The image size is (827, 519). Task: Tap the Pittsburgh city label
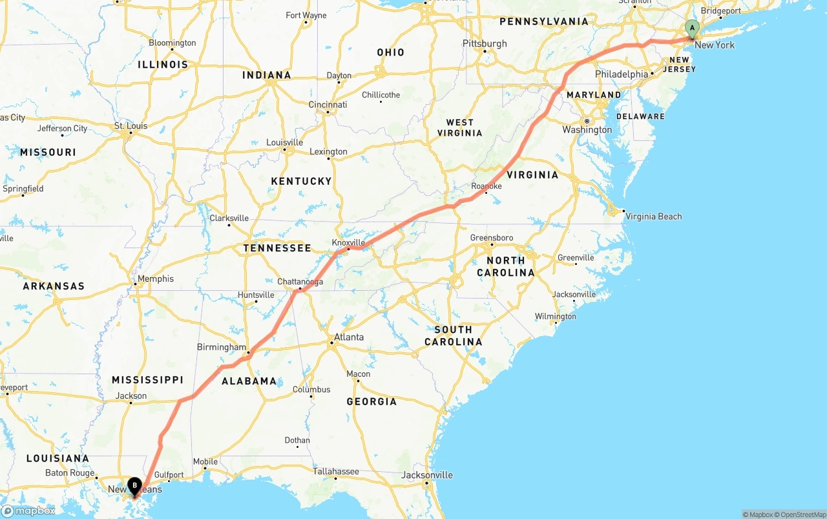tap(485, 44)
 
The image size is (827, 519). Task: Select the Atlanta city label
tap(348, 337)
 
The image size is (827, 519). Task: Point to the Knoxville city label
tap(348, 243)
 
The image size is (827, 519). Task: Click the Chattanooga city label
tap(300, 282)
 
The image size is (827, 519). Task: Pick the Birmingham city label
tap(222, 347)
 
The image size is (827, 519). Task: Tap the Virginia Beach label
tap(653, 217)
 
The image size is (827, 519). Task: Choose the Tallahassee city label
tap(336, 471)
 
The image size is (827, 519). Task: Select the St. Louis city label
tap(131, 126)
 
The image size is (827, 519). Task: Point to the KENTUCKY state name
tap(301, 182)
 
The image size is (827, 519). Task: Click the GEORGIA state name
tap(372, 401)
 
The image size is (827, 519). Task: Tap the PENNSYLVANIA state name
tap(544, 21)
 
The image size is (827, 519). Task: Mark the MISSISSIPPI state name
tap(147, 380)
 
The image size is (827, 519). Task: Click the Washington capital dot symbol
tap(587, 121)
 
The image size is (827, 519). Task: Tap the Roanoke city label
tap(487, 186)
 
